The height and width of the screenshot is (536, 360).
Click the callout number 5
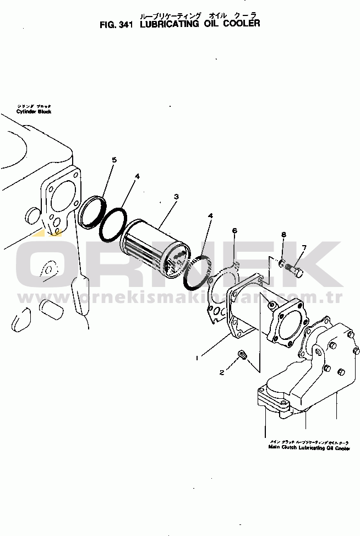point(114,160)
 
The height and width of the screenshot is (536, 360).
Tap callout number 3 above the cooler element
point(176,196)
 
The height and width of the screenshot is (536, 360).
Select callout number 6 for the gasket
point(234,230)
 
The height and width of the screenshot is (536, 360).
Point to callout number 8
point(283,235)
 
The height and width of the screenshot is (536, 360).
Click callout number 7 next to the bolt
point(303,247)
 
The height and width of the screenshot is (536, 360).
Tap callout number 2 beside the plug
point(222,372)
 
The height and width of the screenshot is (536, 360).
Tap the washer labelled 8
point(281,263)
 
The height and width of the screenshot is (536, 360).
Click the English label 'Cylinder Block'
point(34,111)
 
